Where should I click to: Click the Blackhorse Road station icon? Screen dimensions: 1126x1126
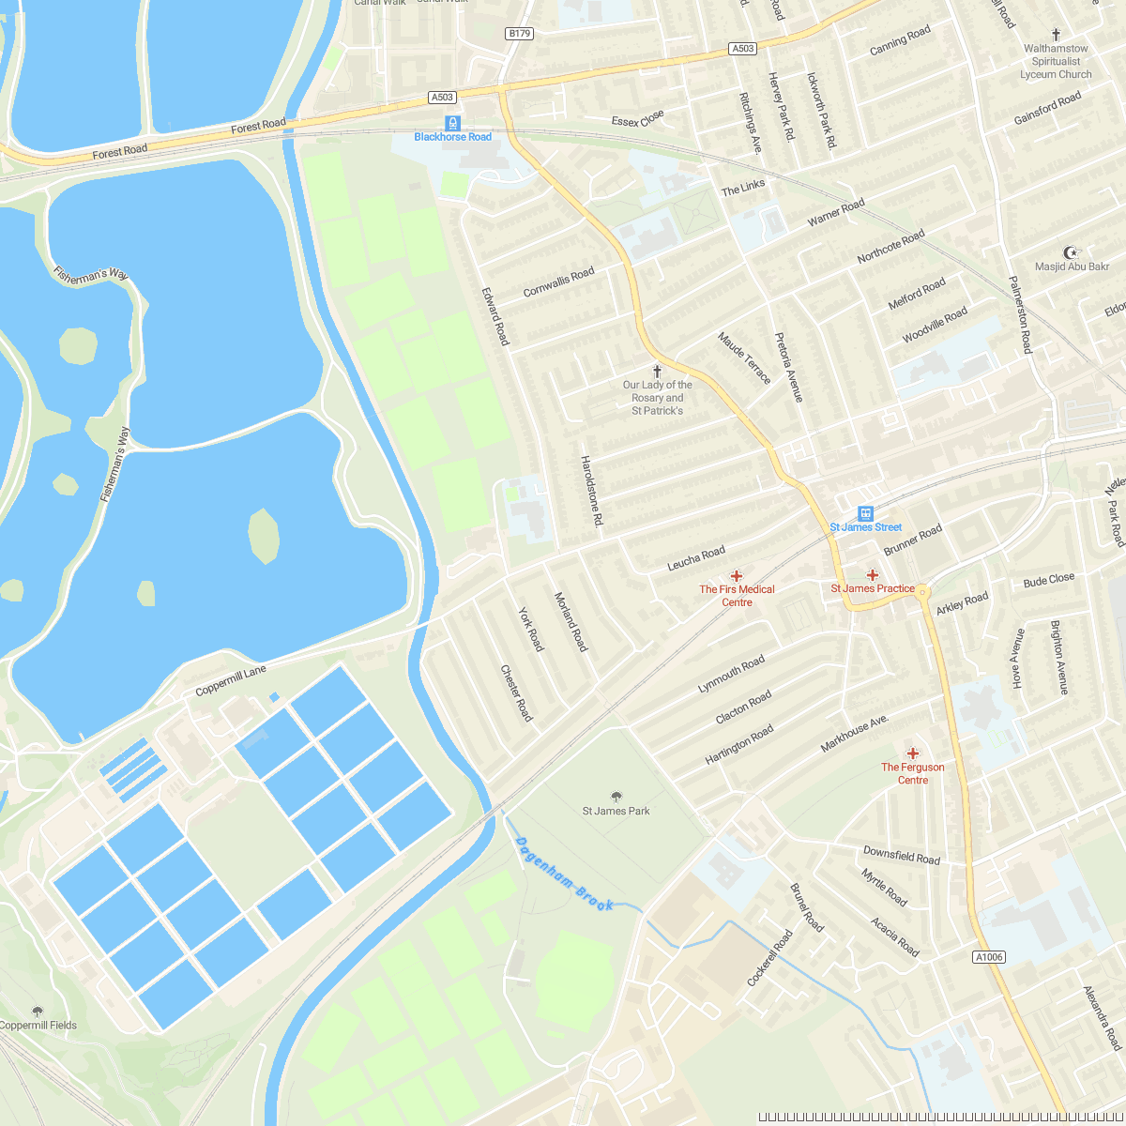(x=453, y=123)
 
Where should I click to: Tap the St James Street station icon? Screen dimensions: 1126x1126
(x=865, y=513)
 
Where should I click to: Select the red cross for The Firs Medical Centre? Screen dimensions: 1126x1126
(x=737, y=575)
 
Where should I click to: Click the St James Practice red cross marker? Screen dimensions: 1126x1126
(x=873, y=574)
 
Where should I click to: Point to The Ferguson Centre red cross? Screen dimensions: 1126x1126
(x=912, y=753)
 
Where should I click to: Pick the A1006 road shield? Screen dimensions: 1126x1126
(x=989, y=957)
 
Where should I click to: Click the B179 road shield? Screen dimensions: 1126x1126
(x=519, y=34)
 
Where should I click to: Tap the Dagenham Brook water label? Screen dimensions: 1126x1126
(x=564, y=874)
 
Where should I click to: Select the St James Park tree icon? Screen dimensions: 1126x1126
(x=616, y=797)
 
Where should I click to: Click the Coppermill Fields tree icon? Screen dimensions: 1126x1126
(x=38, y=1012)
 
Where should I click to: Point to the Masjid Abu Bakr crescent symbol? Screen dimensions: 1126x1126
(x=1072, y=251)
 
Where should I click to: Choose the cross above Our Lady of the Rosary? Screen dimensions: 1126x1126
(x=657, y=371)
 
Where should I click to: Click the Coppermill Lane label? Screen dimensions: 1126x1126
(x=231, y=680)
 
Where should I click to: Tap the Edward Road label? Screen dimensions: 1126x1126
(x=495, y=316)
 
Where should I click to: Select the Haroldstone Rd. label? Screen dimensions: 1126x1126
(x=590, y=491)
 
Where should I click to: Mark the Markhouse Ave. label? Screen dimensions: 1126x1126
(x=854, y=733)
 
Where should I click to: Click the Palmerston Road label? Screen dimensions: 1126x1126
(x=1020, y=314)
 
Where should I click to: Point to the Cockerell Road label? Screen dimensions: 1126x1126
(x=769, y=957)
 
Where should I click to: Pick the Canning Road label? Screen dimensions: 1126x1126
(x=900, y=40)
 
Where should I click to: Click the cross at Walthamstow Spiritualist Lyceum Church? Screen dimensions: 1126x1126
(x=1056, y=34)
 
